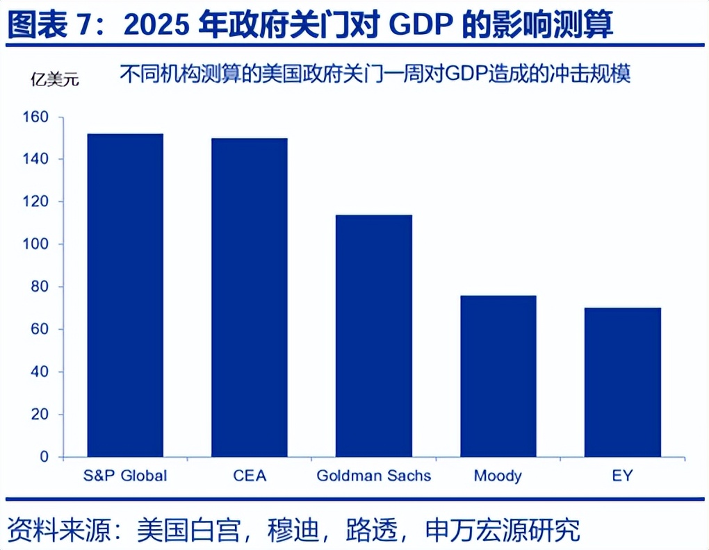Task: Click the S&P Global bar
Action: [125, 295]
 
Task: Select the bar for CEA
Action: [250, 297]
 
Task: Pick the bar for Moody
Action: [498, 376]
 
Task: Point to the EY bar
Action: [623, 382]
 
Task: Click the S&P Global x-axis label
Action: [125, 476]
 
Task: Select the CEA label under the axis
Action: [250, 476]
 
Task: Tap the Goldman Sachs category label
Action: [374, 476]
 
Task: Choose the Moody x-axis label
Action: [498, 476]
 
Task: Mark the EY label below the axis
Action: [623, 476]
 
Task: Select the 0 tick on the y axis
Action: [44, 457]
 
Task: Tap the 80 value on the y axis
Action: [40, 287]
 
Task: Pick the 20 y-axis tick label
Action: [40, 415]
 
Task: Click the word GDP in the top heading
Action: [421, 25]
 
